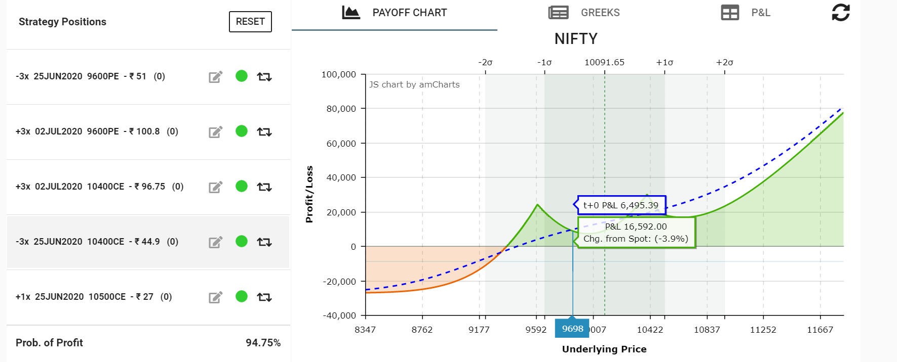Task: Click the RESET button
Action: (250, 22)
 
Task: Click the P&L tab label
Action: (760, 13)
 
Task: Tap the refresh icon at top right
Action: (840, 13)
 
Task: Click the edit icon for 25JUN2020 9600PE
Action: (216, 77)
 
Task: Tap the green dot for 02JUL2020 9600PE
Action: (242, 131)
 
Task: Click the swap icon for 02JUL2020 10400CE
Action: (264, 187)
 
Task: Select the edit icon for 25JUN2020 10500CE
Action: (216, 297)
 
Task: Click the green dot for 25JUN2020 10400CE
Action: (242, 242)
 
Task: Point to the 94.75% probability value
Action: (263, 343)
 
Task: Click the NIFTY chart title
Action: (576, 39)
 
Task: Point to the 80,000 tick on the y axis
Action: (341, 109)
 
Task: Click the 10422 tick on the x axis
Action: (650, 330)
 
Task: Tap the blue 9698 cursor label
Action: (572, 329)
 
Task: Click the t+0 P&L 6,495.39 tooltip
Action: (621, 205)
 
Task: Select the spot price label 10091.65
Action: (604, 62)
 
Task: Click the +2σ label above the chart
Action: (724, 62)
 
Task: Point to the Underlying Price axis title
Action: (604, 349)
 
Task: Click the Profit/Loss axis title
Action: (309, 194)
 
